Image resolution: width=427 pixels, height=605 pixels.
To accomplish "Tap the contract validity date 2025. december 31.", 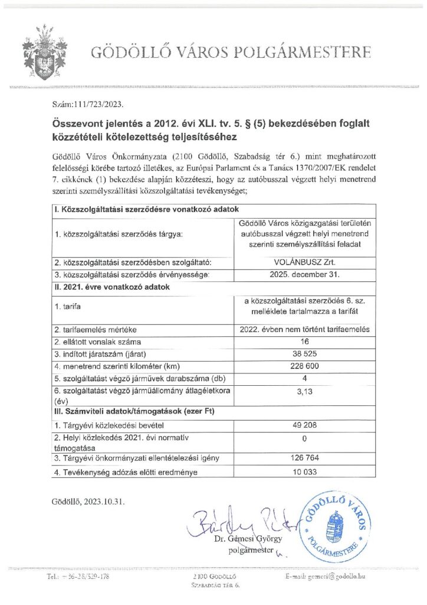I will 305,274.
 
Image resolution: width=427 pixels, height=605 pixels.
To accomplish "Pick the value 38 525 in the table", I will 305,353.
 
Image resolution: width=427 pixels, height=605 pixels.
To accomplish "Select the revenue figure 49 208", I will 305,425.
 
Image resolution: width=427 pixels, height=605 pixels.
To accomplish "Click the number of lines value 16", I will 305,341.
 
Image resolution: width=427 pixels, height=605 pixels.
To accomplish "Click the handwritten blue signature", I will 236,519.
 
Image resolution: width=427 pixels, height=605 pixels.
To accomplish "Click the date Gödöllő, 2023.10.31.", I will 88,502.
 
